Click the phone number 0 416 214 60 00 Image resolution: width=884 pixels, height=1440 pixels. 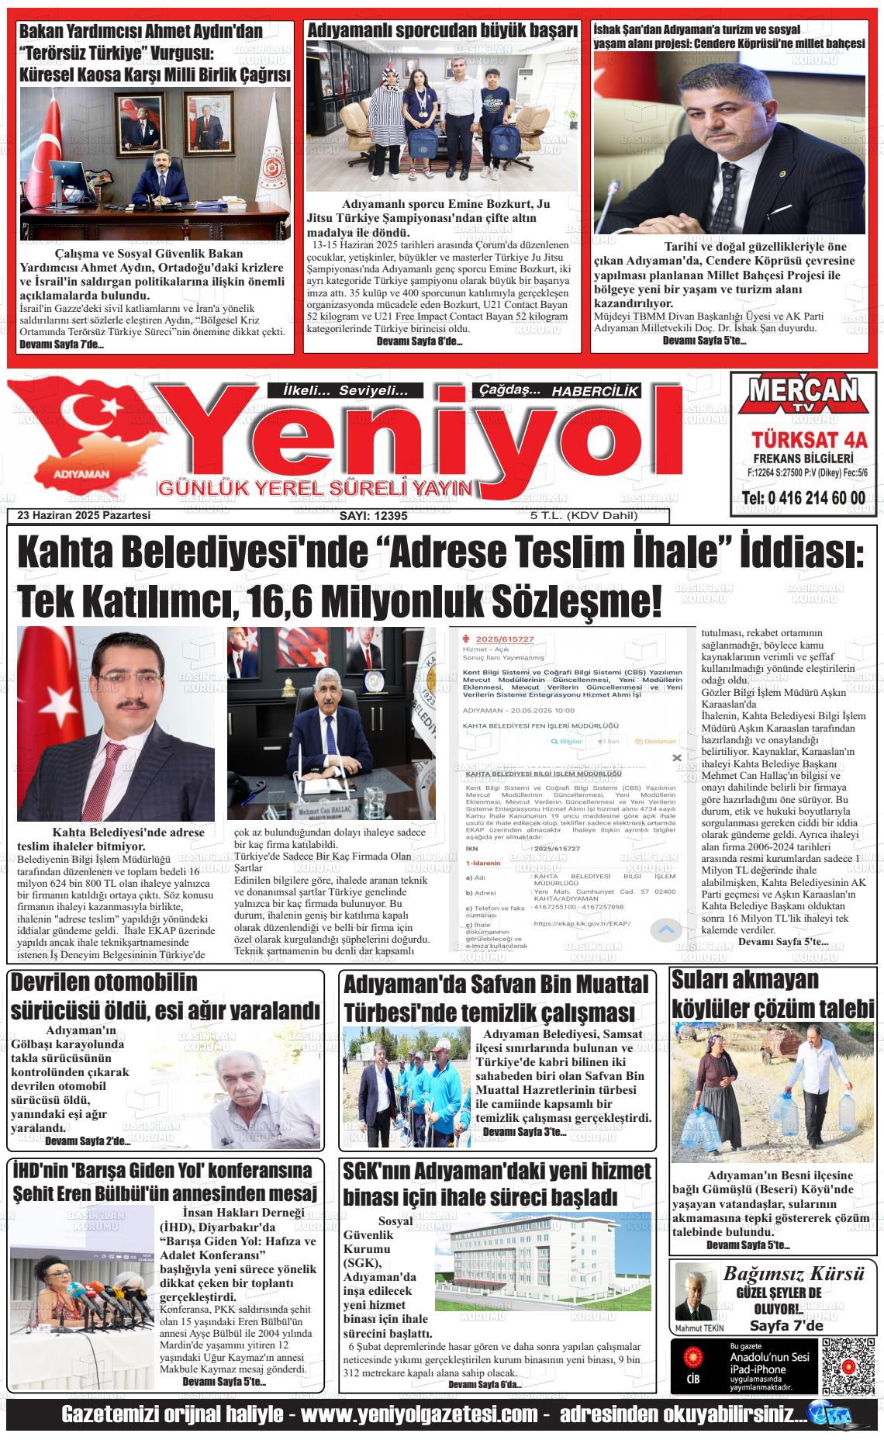[804, 497]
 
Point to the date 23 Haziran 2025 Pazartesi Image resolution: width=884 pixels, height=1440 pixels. [84, 516]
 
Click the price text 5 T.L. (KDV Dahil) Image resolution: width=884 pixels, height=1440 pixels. [583, 516]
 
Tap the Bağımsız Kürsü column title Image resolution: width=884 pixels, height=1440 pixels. [793, 1273]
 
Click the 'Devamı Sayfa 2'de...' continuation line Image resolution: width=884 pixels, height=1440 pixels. [88, 1141]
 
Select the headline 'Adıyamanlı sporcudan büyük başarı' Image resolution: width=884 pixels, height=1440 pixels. [443, 30]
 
